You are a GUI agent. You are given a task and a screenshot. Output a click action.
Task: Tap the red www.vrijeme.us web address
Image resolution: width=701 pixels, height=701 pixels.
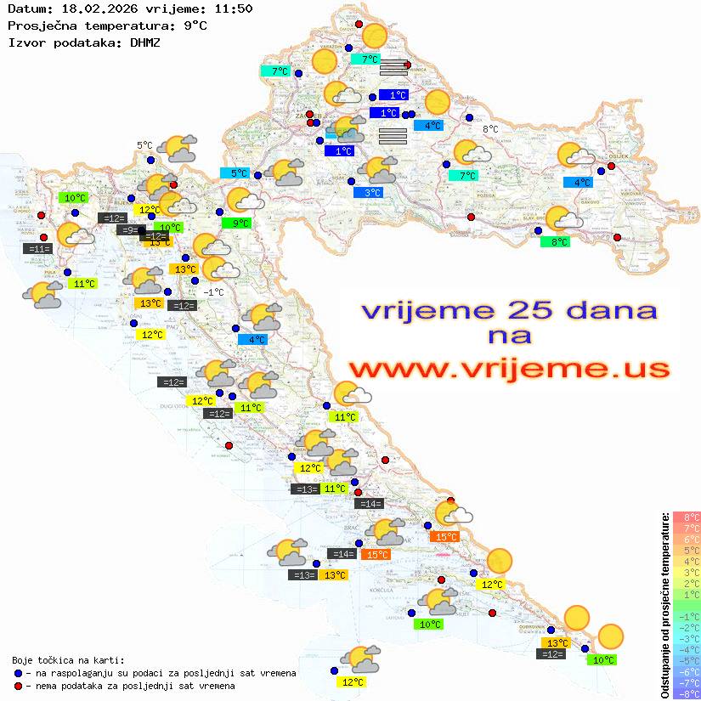(508, 369)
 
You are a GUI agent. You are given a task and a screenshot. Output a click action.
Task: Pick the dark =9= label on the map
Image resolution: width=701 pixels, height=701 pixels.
(128, 230)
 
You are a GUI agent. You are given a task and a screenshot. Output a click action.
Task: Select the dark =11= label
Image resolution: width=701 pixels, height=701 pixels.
(39, 249)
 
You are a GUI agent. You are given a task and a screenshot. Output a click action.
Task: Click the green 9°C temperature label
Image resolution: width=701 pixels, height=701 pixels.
(235, 223)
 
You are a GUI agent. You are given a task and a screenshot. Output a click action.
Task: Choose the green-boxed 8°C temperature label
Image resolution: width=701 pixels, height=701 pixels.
(555, 242)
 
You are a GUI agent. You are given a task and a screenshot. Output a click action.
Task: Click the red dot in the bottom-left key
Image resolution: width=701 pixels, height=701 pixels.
(18, 685)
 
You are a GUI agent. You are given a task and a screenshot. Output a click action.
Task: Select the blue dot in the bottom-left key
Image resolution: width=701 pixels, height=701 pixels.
(18, 673)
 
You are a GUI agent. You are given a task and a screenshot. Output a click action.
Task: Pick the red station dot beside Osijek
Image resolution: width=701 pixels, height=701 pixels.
(611, 167)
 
